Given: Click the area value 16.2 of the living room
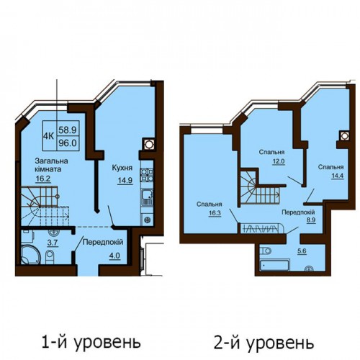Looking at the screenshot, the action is coord(43,179).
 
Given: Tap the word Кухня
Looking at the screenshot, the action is coord(122,168).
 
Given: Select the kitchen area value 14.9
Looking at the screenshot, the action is coord(125,180).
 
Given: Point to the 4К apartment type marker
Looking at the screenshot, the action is coord(48,136).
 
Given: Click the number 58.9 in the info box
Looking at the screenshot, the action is coord(68,130).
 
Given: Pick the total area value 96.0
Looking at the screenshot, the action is coord(68,143).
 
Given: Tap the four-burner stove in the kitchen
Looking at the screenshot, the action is coord(147,175).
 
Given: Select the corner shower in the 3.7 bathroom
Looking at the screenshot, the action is coord(31,254).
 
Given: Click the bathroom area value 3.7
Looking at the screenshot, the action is coord(53,243).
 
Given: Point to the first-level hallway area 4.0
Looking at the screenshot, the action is coord(114,256).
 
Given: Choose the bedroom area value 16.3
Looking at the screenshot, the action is coord(215,213).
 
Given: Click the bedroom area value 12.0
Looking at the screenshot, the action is coord(279,161).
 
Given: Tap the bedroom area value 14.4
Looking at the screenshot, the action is coord(338,176).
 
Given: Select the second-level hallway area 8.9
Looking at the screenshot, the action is coord(311,220).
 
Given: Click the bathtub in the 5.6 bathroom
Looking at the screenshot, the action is coord(274,265).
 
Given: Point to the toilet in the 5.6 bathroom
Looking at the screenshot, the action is coord(265,251).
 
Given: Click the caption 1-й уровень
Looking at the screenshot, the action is coord(91,342).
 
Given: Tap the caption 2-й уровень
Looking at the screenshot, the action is coord(264,342).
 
